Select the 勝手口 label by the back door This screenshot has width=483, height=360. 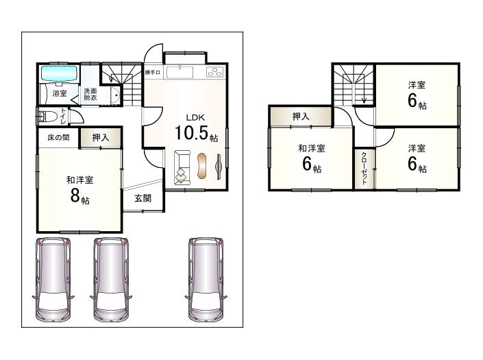click(x=153, y=73)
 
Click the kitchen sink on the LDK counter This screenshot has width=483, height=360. click(x=180, y=73)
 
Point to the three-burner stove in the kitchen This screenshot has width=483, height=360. click(x=214, y=72)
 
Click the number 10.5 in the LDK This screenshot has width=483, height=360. click(x=191, y=133)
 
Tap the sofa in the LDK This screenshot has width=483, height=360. click(x=182, y=167)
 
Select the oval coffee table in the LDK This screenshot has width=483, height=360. click(x=201, y=166)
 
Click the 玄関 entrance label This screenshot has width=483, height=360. click(x=143, y=198)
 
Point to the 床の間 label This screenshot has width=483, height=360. click(x=58, y=137)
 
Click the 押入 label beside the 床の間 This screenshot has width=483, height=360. click(x=101, y=137)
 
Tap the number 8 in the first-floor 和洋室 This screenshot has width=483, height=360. click(x=75, y=195)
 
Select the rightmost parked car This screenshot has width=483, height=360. click(x=206, y=279)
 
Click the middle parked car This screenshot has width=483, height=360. click(x=111, y=279)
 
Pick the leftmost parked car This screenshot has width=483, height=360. click(x=53, y=279)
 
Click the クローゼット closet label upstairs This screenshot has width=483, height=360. click(x=364, y=168)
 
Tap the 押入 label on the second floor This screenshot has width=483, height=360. click(x=301, y=117)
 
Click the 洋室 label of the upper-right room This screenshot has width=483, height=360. click(x=417, y=85)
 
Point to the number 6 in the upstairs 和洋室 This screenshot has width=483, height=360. click(x=307, y=164)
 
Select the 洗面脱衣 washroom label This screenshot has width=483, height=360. click(x=90, y=95)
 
